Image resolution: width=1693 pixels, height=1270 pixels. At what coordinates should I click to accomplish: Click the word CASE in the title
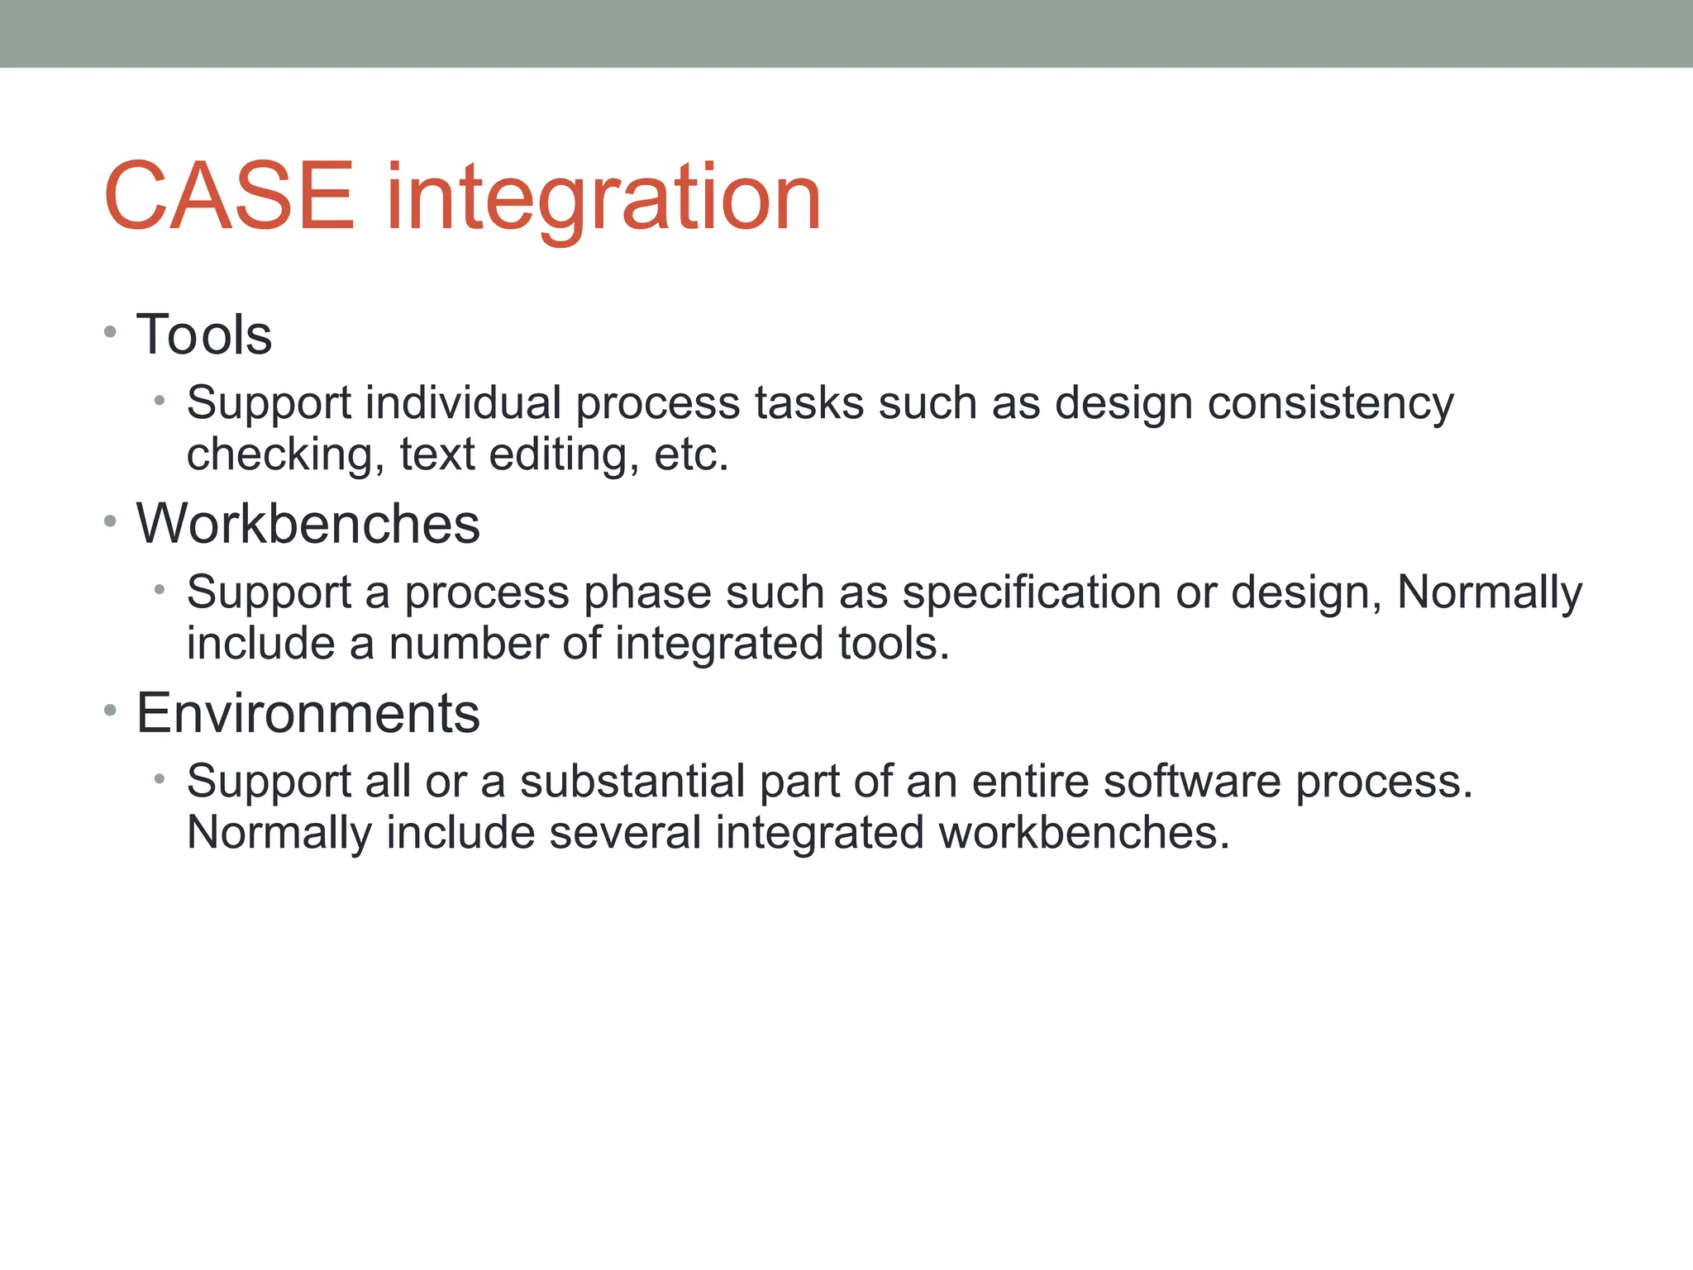tap(229, 197)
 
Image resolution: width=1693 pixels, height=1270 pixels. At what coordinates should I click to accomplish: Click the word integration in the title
tap(603, 198)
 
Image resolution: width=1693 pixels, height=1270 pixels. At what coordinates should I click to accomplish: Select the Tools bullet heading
tap(203, 335)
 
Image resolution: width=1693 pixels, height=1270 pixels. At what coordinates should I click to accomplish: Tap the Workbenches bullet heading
tap(308, 524)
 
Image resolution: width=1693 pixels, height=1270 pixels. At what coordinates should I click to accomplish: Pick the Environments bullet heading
tap(308, 713)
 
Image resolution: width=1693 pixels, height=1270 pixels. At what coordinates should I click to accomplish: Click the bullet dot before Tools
tap(111, 333)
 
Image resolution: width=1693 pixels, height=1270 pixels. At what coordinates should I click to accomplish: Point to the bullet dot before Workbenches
tap(111, 521)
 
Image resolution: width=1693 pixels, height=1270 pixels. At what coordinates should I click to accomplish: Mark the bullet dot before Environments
tap(111, 711)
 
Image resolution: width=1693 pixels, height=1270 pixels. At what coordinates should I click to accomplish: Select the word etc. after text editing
tap(691, 455)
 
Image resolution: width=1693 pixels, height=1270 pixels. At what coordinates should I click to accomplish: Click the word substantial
tap(632, 782)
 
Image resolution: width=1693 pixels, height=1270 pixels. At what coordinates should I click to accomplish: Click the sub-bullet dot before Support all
tap(160, 779)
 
